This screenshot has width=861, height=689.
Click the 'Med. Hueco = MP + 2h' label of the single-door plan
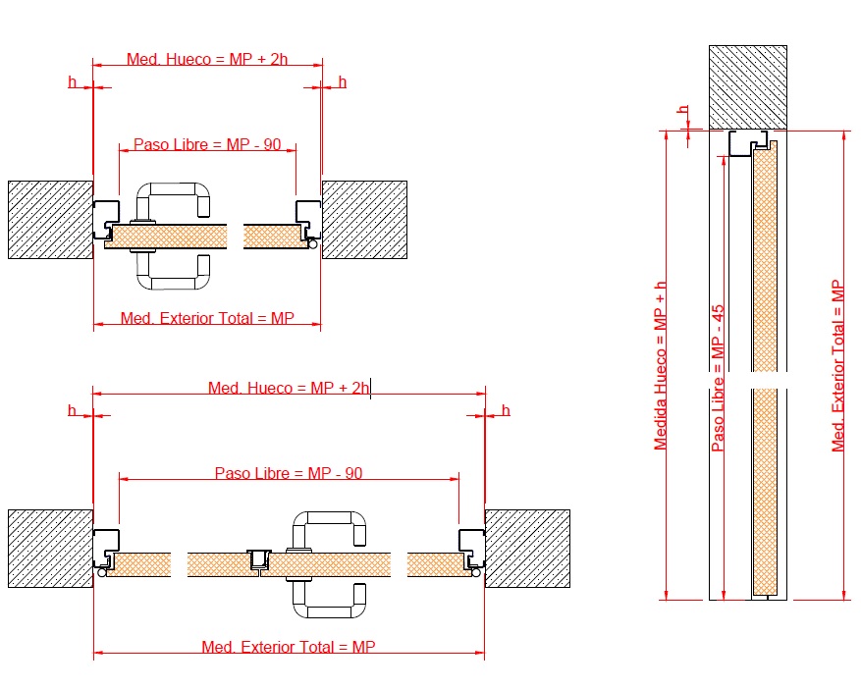[x=207, y=59]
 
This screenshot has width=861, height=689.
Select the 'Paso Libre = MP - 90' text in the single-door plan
[x=207, y=144]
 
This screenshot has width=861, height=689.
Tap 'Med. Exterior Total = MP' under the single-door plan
[x=207, y=318]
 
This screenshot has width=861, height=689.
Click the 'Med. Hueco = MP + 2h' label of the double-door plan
[x=289, y=388]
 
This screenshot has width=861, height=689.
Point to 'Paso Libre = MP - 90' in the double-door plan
[x=289, y=473]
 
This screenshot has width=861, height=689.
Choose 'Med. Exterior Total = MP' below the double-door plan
[x=289, y=647]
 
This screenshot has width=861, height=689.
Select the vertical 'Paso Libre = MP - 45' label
[x=718, y=378]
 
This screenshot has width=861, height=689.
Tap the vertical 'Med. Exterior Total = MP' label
[x=837, y=365]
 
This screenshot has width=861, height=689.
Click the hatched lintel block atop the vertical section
[x=748, y=86]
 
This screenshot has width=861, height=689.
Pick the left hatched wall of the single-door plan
[x=50, y=220]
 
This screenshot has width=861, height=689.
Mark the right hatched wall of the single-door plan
[x=364, y=220]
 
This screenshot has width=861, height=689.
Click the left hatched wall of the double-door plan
[x=50, y=549]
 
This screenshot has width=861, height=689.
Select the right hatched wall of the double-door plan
[x=527, y=549]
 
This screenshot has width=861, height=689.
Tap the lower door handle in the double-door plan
[x=329, y=599]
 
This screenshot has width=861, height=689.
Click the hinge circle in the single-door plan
[x=312, y=245]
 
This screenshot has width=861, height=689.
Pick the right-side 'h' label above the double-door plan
[x=506, y=409]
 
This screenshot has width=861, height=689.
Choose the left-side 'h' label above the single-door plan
[x=72, y=81]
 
